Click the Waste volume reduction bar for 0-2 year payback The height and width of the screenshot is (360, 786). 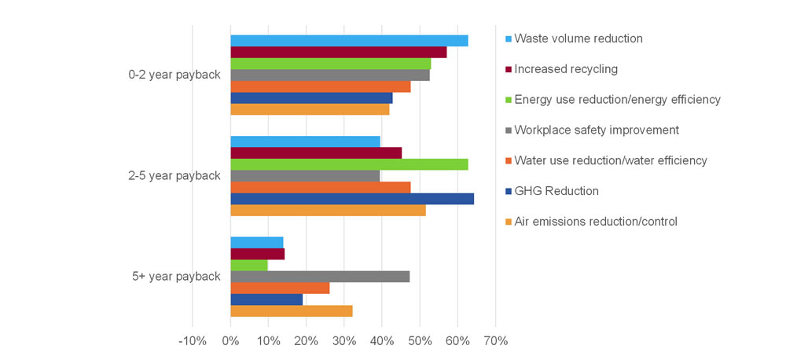pyautogui.click(x=349, y=41)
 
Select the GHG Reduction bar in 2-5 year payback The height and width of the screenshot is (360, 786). pyautogui.click(x=352, y=199)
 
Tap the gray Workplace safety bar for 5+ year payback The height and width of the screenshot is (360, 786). pyautogui.click(x=320, y=277)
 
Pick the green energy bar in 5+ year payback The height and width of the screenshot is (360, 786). pyautogui.click(x=249, y=266)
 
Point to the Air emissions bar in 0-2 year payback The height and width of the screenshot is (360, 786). pyautogui.click(x=310, y=109)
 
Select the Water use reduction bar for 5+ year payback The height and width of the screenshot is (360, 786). pyautogui.click(x=280, y=288)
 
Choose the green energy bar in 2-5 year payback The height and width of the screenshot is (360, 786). pyautogui.click(x=349, y=164)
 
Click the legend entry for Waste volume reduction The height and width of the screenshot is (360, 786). pyautogui.click(x=578, y=39)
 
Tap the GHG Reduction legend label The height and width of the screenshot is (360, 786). pyautogui.click(x=556, y=191)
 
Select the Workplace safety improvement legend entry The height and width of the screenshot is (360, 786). pyautogui.click(x=596, y=130)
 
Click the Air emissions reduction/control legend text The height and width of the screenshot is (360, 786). pyautogui.click(x=595, y=222)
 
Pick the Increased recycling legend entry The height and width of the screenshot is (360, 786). pyautogui.click(x=565, y=69)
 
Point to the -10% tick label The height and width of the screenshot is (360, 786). pyautogui.click(x=192, y=341)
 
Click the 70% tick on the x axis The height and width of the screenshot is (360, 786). pyautogui.click(x=495, y=341)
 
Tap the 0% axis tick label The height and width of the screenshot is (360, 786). pyautogui.click(x=230, y=341)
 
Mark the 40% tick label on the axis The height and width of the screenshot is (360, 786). pyautogui.click(x=382, y=341)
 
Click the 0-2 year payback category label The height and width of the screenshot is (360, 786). pyautogui.click(x=174, y=75)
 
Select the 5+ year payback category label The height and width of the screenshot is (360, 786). pyautogui.click(x=177, y=277)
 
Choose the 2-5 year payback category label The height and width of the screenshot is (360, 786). pyautogui.click(x=174, y=176)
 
